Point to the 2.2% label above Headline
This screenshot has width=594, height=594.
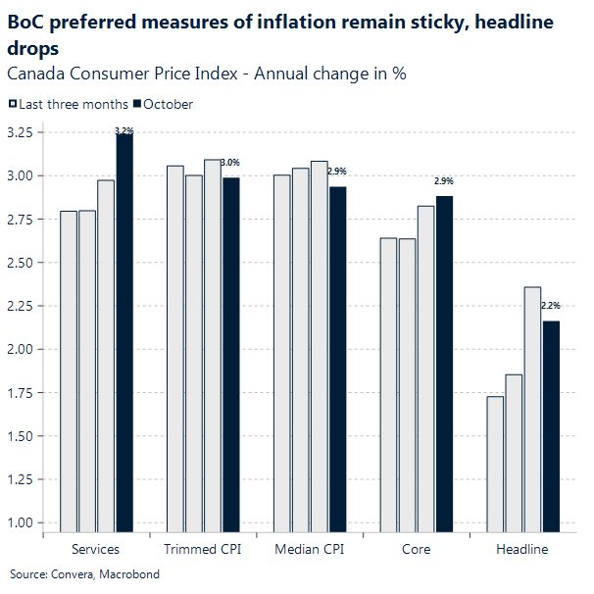551,306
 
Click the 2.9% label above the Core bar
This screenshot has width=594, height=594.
444,181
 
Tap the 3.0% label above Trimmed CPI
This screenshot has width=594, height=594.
230,162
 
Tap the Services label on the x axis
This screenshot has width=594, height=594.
96,549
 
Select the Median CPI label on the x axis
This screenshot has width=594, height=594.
310,549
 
